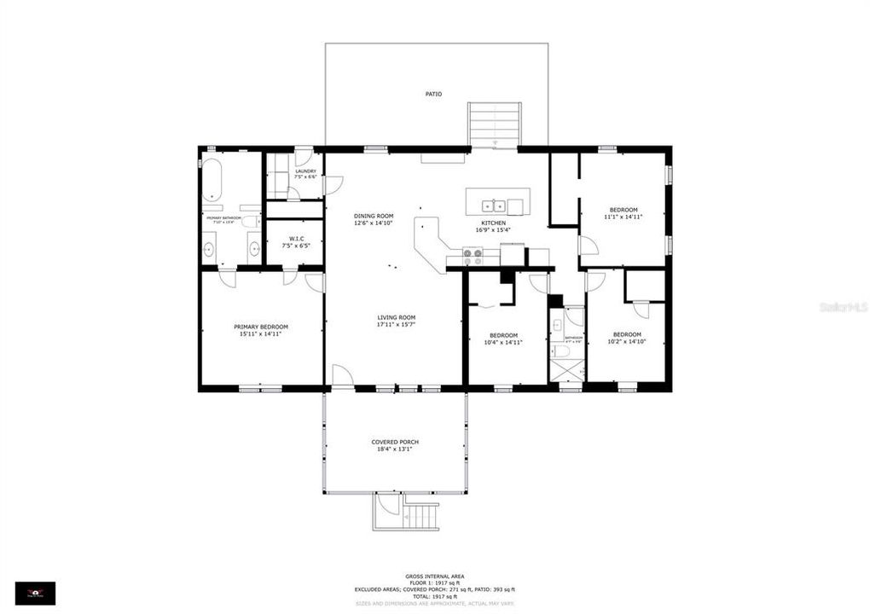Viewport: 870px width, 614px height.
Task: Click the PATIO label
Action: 434,94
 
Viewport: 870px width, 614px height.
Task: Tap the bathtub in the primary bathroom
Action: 212,179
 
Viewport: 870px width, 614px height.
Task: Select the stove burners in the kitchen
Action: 472,256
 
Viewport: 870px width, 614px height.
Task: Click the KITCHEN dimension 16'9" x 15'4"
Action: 492,229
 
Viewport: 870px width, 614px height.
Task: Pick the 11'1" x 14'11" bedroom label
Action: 623,213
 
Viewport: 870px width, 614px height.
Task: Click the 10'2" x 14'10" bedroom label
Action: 626,338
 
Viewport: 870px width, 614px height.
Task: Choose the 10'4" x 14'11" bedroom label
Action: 504,339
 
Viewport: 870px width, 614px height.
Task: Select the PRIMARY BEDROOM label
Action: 261,330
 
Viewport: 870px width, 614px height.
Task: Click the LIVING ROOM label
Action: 396,321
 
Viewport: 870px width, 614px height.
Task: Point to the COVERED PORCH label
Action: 395,445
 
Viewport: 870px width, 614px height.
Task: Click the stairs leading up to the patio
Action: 494,125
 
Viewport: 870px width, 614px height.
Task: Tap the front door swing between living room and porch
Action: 340,375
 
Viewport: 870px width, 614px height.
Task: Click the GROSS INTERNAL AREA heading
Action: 434,576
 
